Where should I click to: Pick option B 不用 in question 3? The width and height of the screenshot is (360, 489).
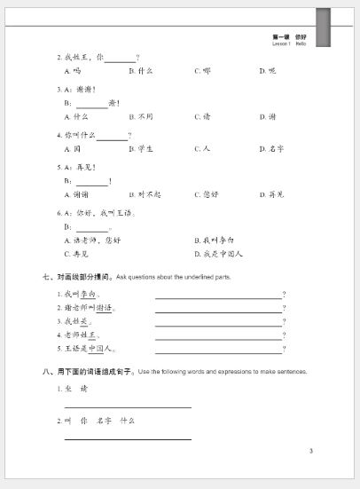click(x=141, y=116)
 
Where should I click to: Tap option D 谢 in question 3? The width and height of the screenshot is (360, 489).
click(x=267, y=116)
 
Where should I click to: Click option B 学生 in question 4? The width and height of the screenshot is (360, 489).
click(x=141, y=148)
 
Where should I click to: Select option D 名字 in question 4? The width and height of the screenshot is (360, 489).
click(x=270, y=148)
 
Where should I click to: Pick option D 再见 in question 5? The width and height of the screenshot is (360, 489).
click(x=270, y=193)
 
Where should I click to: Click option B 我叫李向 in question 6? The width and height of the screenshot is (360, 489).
click(x=213, y=241)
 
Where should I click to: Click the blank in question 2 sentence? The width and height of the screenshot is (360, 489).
click(x=120, y=59)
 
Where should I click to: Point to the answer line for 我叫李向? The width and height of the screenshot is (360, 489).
click(x=218, y=297)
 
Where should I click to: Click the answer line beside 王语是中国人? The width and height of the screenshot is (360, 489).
click(x=218, y=351)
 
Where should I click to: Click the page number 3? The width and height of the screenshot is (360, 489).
click(x=310, y=452)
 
